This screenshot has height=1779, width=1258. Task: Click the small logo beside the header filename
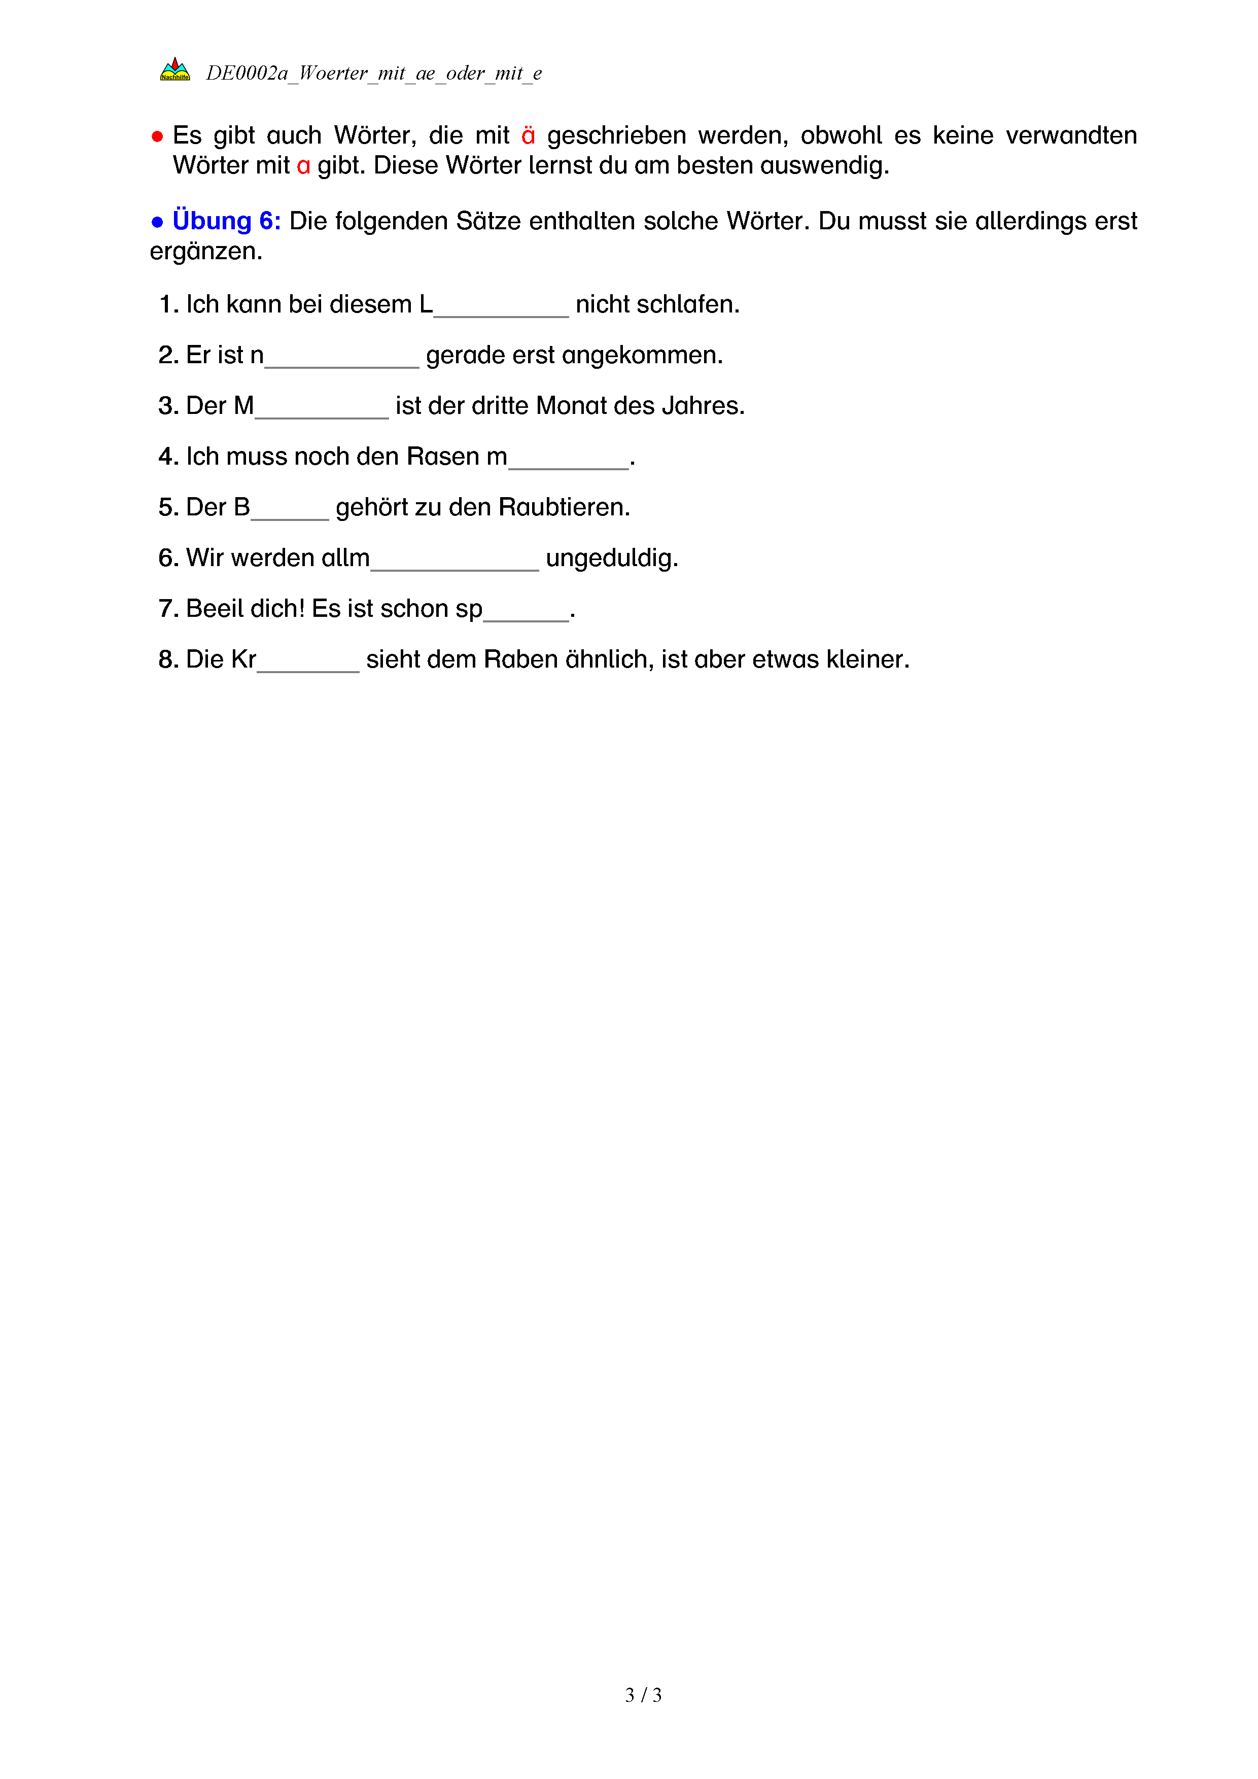click(174, 69)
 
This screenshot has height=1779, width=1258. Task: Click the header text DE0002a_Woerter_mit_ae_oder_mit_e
click(373, 73)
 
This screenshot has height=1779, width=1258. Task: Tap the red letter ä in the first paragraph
click(528, 135)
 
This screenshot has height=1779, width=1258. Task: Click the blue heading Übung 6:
click(226, 221)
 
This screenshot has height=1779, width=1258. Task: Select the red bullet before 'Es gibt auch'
click(157, 137)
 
